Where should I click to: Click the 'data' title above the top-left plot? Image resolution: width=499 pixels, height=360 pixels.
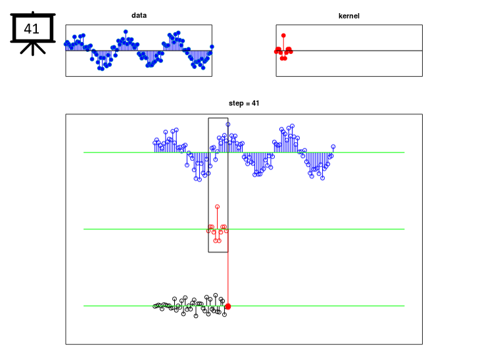[x=139, y=15]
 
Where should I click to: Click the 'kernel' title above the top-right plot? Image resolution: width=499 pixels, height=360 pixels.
[x=349, y=16]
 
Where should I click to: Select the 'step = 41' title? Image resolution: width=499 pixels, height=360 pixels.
[x=244, y=103]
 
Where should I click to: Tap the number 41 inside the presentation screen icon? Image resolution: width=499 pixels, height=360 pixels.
[x=32, y=29]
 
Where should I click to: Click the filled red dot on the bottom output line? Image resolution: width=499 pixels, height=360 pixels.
[x=228, y=306]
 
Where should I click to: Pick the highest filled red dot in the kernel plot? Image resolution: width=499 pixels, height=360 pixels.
[x=283, y=35]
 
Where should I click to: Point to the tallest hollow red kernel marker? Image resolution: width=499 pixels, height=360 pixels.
[x=218, y=207]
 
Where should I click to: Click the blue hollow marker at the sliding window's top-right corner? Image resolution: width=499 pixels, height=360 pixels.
[x=228, y=125]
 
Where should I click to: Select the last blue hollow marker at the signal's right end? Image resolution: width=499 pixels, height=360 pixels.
[x=333, y=146]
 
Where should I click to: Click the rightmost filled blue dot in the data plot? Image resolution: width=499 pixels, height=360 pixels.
[x=212, y=47]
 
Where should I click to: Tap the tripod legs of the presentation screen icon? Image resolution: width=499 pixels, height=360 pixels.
[x=33, y=49]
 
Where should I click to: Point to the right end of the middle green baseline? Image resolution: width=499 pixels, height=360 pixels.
[x=404, y=229]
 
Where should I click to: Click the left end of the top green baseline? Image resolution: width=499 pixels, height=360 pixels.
[x=83, y=152]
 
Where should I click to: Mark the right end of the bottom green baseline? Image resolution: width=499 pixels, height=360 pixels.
[x=404, y=306]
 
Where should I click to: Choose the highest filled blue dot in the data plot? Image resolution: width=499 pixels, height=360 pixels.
[x=126, y=32]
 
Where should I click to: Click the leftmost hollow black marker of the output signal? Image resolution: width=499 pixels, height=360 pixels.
[x=154, y=306]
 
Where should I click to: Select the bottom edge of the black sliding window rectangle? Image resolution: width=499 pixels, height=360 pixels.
[x=218, y=252]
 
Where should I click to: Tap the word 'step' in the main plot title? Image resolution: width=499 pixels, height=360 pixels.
[x=236, y=104]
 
